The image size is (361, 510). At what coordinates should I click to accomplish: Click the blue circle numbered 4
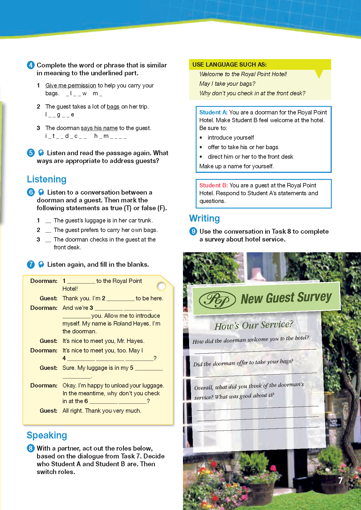[x=31, y=65]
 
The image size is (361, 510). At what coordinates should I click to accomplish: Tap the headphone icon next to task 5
[x=41, y=153]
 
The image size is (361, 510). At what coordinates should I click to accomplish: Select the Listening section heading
[x=47, y=179]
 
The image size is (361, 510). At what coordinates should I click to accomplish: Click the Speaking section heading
[x=47, y=435]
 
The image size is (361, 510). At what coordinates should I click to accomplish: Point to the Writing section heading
[x=204, y=218]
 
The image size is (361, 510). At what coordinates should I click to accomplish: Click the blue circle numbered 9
[x=193, y=231]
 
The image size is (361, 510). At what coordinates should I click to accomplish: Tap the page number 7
[x=340, y=480]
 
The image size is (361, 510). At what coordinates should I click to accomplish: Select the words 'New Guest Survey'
[x=286, y=298]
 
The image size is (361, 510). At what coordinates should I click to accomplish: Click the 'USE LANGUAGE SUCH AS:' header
[x=230, y=65]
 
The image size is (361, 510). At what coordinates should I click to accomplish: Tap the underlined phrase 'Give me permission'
[x=71, y=85]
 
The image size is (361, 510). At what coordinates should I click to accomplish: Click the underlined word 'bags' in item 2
[x=113, y=107]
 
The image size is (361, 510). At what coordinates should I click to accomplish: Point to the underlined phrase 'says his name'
[x=99, y=128]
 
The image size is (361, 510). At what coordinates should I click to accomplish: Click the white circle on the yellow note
[x=161, y=286]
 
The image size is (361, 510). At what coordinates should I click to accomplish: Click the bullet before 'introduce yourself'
[x=201, y=138]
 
